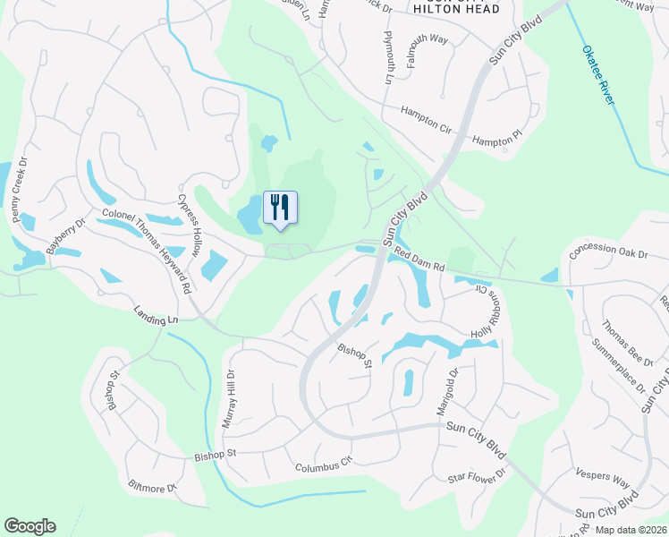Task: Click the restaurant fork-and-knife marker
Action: pos(280,209)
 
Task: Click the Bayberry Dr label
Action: pos(64,237)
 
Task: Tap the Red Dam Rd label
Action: pos(419,260)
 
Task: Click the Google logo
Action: pos(30,526)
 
